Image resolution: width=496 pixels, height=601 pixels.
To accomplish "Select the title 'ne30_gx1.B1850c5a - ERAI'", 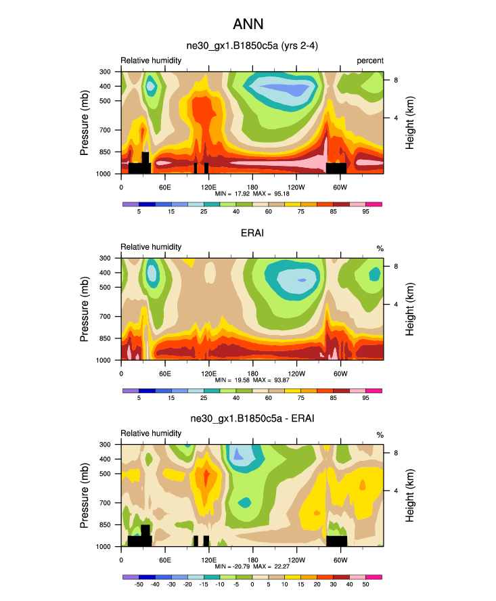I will point(252,419).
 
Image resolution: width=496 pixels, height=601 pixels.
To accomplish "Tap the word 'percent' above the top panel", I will point(370,61).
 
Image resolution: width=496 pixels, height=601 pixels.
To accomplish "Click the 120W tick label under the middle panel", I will point(296,374).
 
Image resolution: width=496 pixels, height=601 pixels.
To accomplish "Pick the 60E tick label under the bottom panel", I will point(164,560).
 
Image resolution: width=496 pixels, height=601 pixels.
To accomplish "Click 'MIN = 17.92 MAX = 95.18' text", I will point(252,194).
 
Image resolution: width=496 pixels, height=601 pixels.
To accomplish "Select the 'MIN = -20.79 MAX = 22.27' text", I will point(252,566).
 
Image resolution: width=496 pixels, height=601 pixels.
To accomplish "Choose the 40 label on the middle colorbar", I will point(236,399).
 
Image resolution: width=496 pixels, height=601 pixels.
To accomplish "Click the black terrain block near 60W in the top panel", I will point(336,167).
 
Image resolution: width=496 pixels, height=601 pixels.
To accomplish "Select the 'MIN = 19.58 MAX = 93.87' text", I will point(252,380).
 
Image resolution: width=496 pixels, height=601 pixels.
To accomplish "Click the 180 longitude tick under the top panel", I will point(252,187).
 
